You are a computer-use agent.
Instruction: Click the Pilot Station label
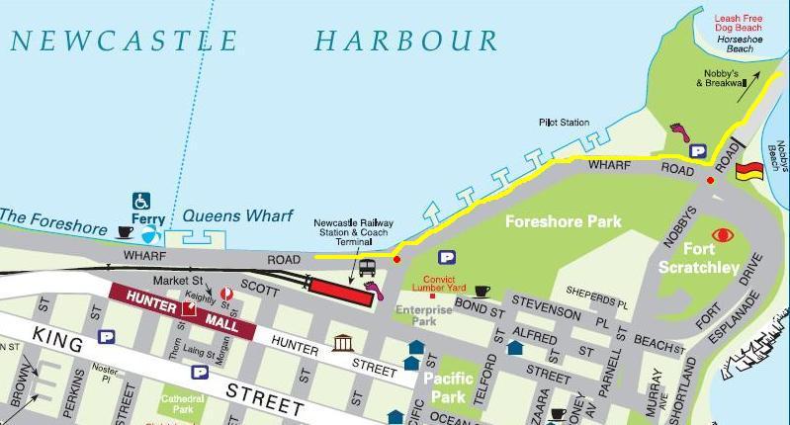pos(564,122)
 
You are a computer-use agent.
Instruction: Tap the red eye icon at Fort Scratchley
pos(723,235)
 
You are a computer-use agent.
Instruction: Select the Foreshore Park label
pos(564,221)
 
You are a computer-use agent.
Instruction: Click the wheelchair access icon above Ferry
pos(141,201)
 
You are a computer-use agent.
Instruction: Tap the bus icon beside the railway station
pos(368,267)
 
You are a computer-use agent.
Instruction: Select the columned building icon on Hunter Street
pos(342,343)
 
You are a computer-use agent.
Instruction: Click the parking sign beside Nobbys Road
pos(699,151)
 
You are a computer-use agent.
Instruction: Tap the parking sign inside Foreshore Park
pos(447,257)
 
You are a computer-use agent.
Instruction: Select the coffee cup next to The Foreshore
pos(125,231)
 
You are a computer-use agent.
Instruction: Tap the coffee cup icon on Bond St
pos(482,291)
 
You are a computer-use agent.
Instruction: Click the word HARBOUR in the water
pos(406,42)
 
